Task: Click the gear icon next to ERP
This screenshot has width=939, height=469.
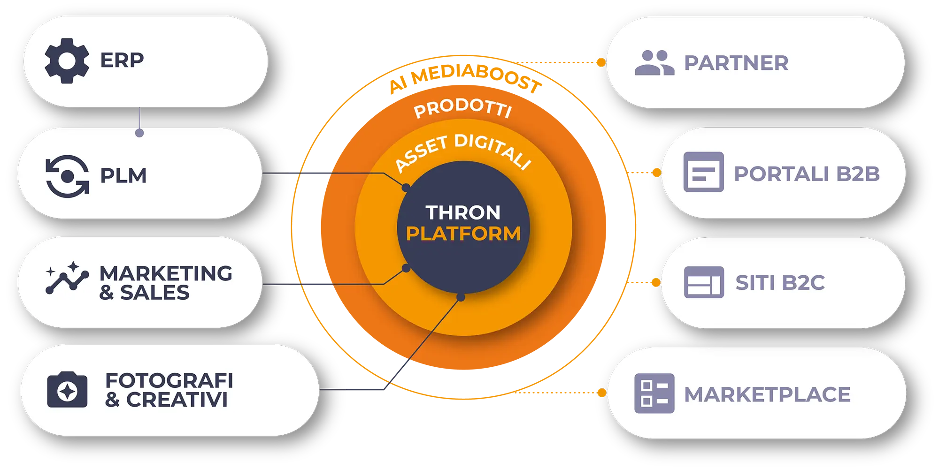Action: [67, 61]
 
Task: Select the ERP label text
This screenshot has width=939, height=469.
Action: [122, 61]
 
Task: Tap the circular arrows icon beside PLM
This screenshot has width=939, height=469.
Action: [67, 176]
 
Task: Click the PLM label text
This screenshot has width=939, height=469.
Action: [123, 176]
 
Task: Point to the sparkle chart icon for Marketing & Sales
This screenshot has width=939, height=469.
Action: [67, 278]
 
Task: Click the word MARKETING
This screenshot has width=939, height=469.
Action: [166, 273]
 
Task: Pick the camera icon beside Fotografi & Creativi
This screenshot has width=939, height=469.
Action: [67, 390]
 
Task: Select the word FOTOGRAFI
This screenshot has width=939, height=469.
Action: [169, 380]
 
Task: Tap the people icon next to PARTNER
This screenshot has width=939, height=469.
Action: [654, 63]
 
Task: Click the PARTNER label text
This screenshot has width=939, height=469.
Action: [736, 63]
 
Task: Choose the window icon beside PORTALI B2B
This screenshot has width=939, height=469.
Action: [703, 172]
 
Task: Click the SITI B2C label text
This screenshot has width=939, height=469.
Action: [780, 283]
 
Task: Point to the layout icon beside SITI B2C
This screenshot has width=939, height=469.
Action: [704, 282]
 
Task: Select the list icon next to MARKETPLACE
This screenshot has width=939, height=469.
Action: [654, 393]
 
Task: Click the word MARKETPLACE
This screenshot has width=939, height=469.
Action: [767, 394]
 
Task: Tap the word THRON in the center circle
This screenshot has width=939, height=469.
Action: [463, 212]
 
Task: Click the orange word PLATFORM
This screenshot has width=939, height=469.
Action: [463, 234]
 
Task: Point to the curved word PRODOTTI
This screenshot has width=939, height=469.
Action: [463, 107]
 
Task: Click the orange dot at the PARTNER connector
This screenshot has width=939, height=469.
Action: [601, 62]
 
